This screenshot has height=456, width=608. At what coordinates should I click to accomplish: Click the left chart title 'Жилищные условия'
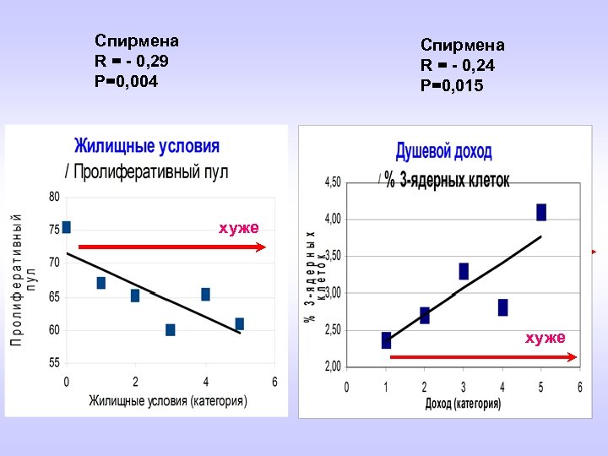click(x=147, y=146)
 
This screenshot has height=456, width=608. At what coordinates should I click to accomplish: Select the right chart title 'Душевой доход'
click(x=443, y=152)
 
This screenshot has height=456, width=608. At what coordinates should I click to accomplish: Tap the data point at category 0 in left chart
click(x=67, y=227)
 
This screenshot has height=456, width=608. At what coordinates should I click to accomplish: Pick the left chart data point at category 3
click(x=171, y=329)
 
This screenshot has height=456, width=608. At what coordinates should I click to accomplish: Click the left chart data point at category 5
click(x=240, y=323)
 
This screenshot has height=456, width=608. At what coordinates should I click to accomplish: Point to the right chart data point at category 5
click(x=541, y=212)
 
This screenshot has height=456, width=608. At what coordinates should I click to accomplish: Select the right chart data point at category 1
click(x=386, y=340)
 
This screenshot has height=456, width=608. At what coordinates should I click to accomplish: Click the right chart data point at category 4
click(x=503, y=307)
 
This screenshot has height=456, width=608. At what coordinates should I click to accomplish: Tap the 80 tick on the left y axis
click(x=54, y=197)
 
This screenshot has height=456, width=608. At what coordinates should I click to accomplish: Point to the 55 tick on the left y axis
click(x=54, y=362)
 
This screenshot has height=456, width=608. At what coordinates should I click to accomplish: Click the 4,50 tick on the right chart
click(x=333, y=182)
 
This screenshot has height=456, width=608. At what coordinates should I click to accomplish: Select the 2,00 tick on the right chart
click(x=333, y=366)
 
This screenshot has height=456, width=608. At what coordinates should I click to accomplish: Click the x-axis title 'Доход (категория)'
click(x=463, y=404)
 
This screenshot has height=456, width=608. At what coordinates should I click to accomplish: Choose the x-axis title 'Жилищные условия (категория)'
click(x=168, y=400)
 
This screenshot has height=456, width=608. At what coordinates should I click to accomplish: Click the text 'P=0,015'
click(x=452, y=85)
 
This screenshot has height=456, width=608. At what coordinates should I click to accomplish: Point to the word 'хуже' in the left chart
click(x=239, y=228)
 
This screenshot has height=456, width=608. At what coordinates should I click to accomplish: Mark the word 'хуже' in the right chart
click(x=546, y=338)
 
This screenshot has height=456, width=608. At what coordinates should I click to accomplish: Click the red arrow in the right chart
click(x=483, y=357)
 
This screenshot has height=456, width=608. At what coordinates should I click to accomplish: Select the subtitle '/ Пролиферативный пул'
click(x=147, y=171)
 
